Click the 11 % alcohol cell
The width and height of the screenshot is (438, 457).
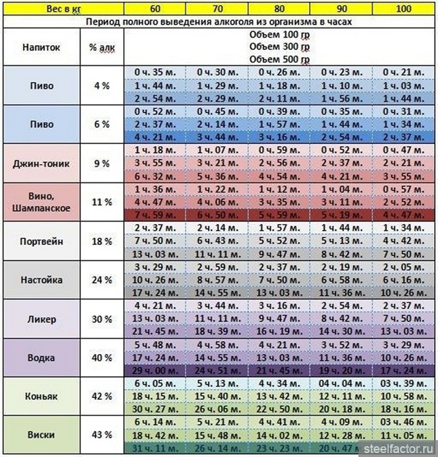[x=102, y=201]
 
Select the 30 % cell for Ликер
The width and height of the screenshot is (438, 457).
[x=102, y=318]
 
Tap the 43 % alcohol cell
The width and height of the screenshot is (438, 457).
[x=102, y=435]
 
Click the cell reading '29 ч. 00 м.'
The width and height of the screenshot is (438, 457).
[x=156, y=370]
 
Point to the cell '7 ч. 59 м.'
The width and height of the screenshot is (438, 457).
[x=156, y=215]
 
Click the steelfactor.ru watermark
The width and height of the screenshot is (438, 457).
[x=400, y=448]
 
